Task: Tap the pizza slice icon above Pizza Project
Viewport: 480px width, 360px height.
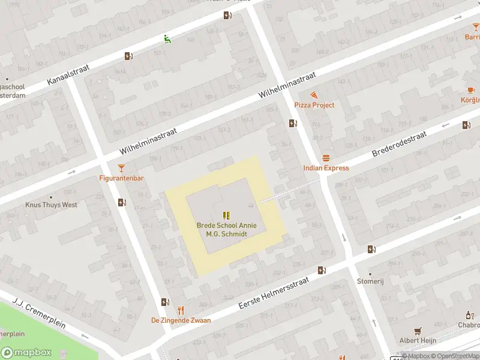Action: (x=314, y=95)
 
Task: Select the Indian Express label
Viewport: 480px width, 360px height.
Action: (x=326, y=168)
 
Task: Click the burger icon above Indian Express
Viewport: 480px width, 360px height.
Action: (x=326, y=158)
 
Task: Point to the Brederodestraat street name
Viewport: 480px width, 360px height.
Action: (x=399, y=145)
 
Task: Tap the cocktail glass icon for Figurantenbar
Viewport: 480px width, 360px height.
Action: (x=122, y=168)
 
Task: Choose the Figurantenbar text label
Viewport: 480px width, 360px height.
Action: (x=122, y=178)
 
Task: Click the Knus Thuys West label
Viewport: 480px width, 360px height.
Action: (x=51, y=205)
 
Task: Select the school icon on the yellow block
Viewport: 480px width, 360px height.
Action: (x=227, y=215)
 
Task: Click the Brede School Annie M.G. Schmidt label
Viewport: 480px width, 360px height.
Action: (x=227, y=229)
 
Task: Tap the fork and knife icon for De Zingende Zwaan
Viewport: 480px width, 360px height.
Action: (x=181, y=310)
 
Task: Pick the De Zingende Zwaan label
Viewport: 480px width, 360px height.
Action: (x=181, y=320)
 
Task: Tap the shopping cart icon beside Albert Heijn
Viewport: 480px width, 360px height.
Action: (x=418, y=331)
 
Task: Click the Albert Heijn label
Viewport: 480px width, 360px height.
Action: (x=418, y=341)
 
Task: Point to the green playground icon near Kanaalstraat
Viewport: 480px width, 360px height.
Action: (x=167, y=40)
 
